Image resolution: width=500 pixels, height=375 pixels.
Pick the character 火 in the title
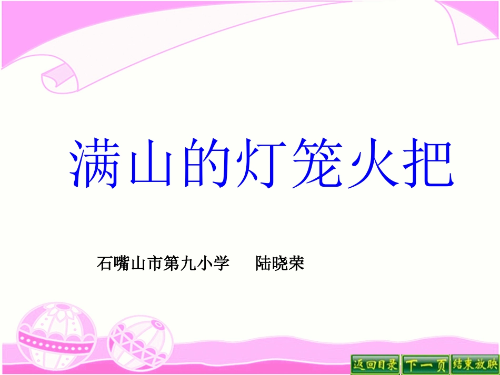coord(371,163)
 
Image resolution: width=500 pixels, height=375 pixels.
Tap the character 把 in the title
coord(426,163)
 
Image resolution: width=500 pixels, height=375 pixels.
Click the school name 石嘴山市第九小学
coord(163,263)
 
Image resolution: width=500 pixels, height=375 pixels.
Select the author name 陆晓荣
coord(280,263)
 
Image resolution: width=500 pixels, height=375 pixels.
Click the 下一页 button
coord(425,364)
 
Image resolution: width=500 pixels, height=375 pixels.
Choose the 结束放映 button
coord(474,364)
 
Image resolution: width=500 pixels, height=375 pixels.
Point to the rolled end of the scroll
coord(59,79)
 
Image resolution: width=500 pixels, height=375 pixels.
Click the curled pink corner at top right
coord(468,24)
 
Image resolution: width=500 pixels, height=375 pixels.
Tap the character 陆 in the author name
coord(263,263)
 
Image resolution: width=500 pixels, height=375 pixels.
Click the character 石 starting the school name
coord(104,263)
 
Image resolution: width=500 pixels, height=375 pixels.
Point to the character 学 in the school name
coord(223,263)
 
